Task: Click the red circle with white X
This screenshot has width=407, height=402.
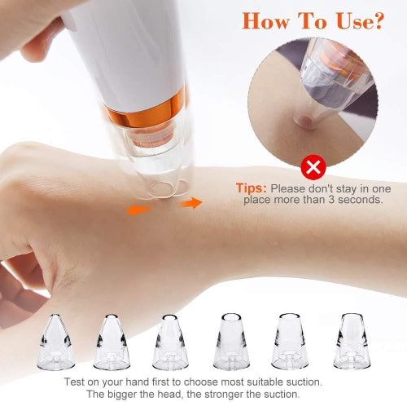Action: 313,167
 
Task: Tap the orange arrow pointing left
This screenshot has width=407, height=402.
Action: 138,210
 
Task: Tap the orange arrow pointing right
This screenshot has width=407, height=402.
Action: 190,203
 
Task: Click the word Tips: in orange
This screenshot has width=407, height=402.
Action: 252,188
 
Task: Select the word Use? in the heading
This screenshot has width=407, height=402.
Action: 361,21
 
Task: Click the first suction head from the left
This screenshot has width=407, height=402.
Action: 55,342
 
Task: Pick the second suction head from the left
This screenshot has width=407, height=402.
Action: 112,342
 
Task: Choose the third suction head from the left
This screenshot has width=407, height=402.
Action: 170,342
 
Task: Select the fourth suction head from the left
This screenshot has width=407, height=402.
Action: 231,342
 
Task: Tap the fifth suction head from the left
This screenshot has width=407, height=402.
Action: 290,342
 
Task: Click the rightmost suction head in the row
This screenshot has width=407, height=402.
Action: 352,342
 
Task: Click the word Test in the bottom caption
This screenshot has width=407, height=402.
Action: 75,382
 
